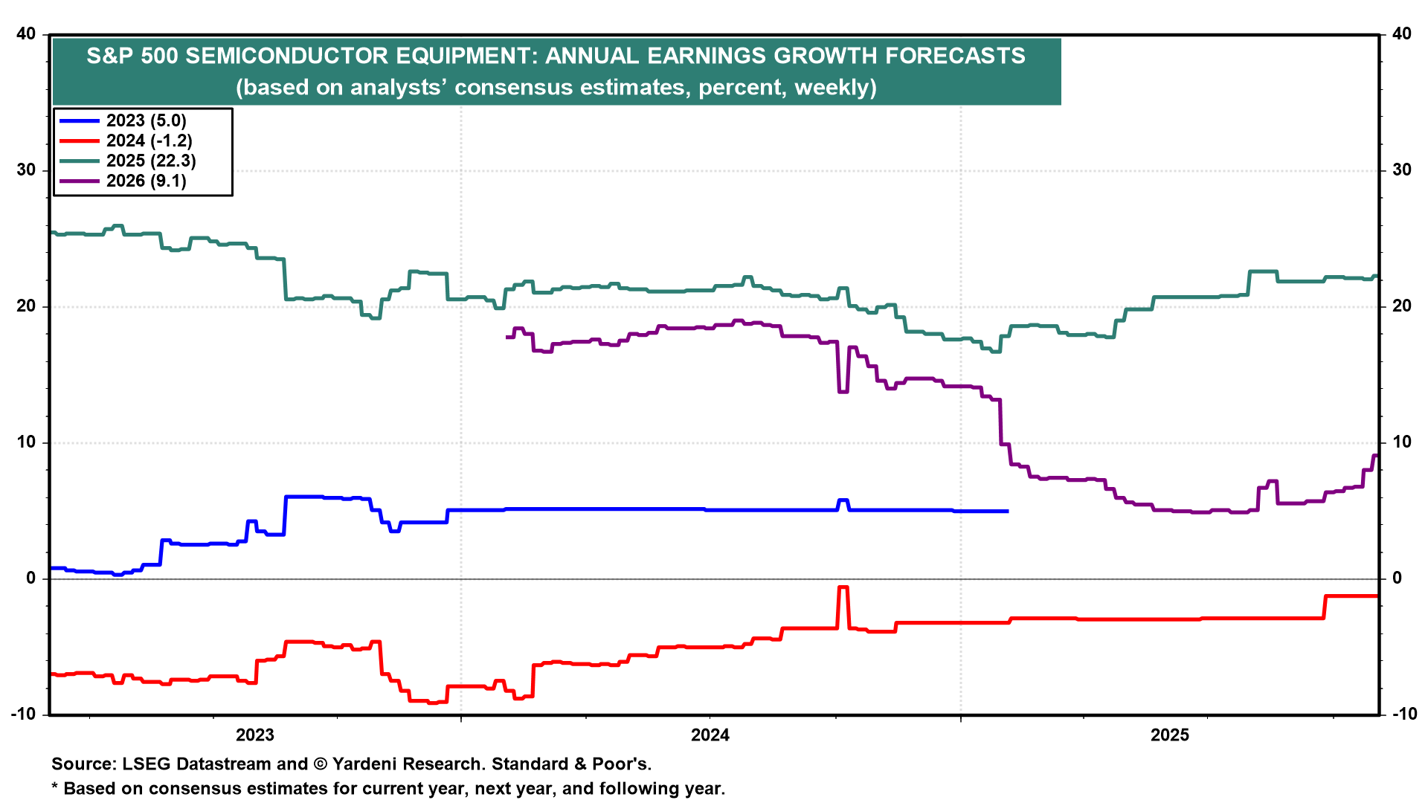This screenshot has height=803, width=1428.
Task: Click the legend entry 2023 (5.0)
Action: pyautogui.click(x=146, y=120)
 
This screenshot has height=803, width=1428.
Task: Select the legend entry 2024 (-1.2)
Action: pyautogui.click(x=149, y=141)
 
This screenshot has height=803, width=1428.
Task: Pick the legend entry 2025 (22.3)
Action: pyautogui.click(x=151, y=161)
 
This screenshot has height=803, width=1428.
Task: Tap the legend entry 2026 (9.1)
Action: pyautogui.click(x=146, y=181)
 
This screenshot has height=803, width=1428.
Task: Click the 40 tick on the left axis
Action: pyautogui.click(x=26, y=34)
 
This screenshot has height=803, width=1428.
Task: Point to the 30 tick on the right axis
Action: pyautogui.click(x=1401, y=170)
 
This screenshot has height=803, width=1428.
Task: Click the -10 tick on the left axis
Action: pyautogui.click(x=23, y=715)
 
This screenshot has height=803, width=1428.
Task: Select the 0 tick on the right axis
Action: pyautogui.click(x=1397, y=578)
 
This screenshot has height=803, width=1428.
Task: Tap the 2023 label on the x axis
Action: pyautogui.click(x=255, y=735)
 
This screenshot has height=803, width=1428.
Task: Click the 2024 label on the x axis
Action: pyautogui.click(x=710, y=735)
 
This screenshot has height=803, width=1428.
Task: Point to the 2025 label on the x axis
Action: pyautogui.click(x=1170, y=735)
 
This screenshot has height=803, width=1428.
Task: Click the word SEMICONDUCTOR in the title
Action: pyautogui.click(x=361, y=56)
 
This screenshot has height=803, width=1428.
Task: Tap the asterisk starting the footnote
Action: pyautogui.click(x=54, y=788)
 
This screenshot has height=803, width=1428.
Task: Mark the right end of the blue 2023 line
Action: pyautogui.click(x=1007, y=511)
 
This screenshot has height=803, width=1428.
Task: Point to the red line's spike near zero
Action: pyautogui.click(x=843, y=587)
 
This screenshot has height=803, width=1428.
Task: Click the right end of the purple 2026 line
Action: pyautogui.click(x=1377, y=456)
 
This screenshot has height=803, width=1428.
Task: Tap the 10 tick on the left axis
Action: pyautogui.click(x=26, y=442)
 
